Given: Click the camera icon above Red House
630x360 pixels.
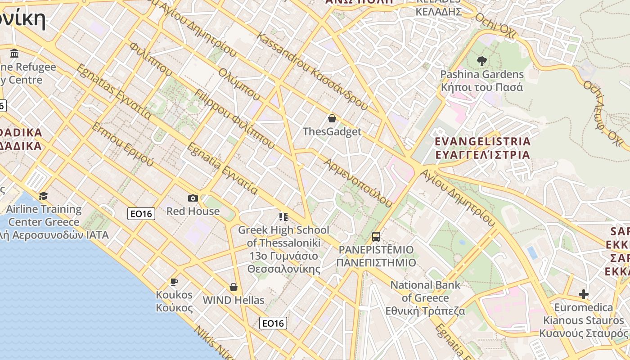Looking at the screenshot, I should point(193,198).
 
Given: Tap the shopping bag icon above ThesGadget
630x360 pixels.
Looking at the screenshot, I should point(332,118).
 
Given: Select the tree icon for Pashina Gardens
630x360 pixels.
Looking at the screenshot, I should point(482,61).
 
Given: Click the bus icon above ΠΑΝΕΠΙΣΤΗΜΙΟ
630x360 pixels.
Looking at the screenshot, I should point(376,237).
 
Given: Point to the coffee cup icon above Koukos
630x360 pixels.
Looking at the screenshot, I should point(174,282).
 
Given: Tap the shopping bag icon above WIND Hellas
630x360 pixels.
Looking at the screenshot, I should point(234,287).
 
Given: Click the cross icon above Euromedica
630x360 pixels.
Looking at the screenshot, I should point(584,295).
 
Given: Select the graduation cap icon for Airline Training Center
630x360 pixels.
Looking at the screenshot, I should point(43,196).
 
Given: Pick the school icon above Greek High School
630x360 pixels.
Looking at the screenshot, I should point(283,217).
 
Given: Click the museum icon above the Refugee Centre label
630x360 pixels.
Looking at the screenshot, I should point(14,54).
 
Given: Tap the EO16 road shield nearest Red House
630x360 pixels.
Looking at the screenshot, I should point(141,214).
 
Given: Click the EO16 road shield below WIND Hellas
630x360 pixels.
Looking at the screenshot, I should point(273,323).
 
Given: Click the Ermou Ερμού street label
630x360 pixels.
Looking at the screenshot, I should point(123,144).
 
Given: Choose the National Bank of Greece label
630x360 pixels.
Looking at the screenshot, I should point(425,298).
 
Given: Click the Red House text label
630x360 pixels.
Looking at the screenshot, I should point(193,211).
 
